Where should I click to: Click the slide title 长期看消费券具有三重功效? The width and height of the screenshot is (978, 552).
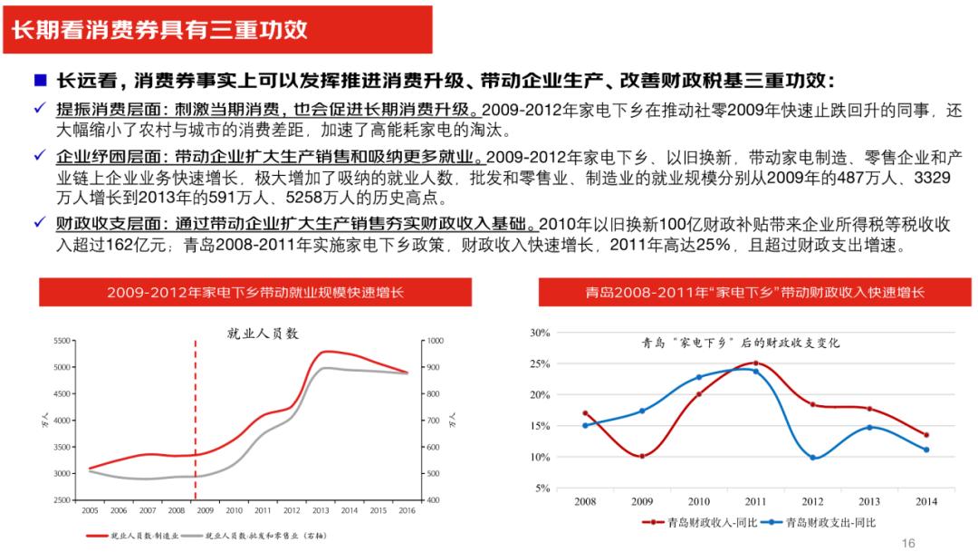click(159, 29)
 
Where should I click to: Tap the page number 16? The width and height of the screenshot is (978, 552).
click(908, 542)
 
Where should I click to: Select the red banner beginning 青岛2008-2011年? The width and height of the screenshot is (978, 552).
click(754, 293)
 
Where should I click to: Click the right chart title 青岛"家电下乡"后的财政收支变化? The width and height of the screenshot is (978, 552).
click(741, 343)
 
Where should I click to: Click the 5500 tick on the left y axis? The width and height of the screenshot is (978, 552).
click(62, 341)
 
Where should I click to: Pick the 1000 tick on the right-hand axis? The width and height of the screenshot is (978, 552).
click(436, 341)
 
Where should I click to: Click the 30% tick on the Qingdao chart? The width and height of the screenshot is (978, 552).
click(540, 333)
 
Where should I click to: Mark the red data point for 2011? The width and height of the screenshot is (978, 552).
click(755, 363)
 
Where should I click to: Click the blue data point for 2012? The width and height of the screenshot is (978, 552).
click(812, 458)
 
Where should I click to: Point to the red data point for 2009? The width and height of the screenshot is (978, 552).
click(642, 456)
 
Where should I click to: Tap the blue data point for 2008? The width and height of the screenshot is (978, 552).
click(585, 425)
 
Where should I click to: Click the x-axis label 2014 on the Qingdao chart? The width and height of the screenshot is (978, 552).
click(926, 500)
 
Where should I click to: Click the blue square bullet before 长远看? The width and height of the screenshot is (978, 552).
click(40, 80)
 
